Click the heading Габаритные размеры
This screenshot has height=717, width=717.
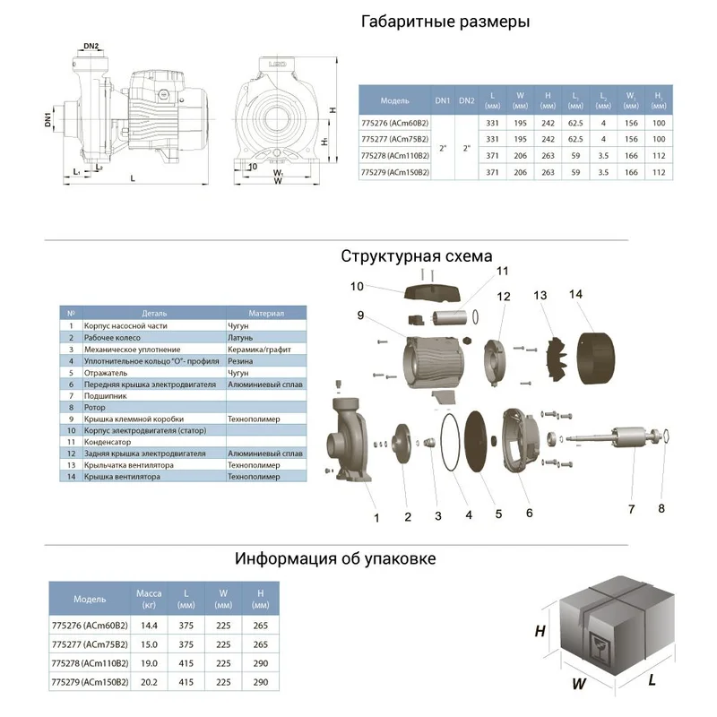click(x=445, y=22)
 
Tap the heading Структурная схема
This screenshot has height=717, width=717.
click(x=417, y=256)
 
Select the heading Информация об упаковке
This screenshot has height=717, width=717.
click(x=335, y=558)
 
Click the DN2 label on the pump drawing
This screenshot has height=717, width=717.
click(x=91, y=46)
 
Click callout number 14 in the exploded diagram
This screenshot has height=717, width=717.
click(x=575, y=294)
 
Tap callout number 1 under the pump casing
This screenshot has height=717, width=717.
click(x=377, y=517)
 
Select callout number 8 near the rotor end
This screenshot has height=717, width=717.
click(x=661, y=509)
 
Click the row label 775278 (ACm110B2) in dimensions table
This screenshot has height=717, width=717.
click(x=393, y=155)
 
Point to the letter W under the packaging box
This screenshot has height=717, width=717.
click(x=579, y=684)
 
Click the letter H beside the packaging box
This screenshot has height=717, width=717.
click(x=540, y=632)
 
